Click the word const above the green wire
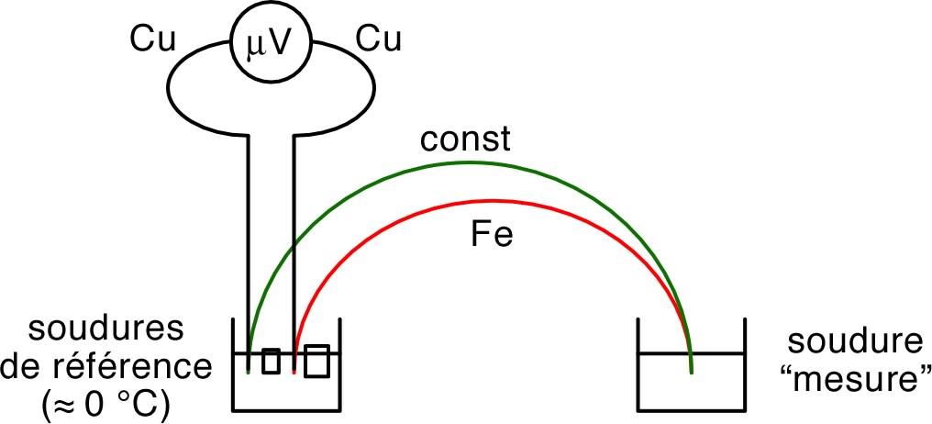[x=465, y=142]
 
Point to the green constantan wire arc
[x=468, y=163]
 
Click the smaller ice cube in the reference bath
[x=271, y=361]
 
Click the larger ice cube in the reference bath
[x=316, y=361]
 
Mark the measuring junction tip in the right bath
[x=691, y=372]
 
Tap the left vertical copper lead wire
[x=249, y=239]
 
